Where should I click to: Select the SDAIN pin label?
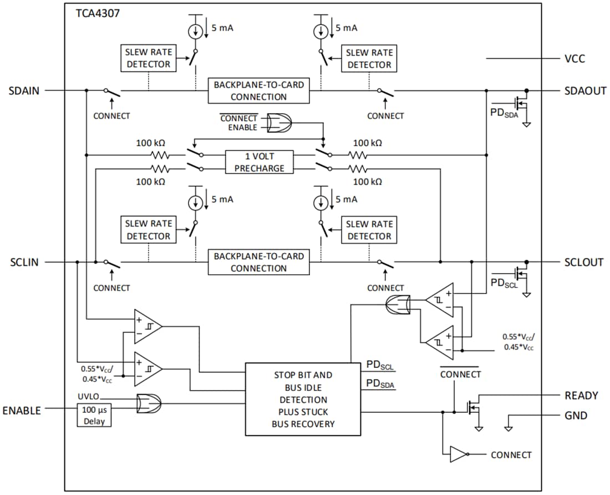(24, 90)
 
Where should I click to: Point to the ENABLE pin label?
(22, 411)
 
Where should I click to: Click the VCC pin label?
(574, 59)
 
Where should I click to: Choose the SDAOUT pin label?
(586, 90)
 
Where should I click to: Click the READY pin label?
(581, 396)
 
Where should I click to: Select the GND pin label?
(576, 416)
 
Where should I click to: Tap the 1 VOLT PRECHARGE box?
(259, 162)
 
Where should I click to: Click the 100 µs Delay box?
(94, 415)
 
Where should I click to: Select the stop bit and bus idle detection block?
(303, 400)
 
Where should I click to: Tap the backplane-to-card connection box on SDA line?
(259, 91)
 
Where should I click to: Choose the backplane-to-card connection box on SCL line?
(259, 262)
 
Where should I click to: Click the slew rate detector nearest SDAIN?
(148, 58)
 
